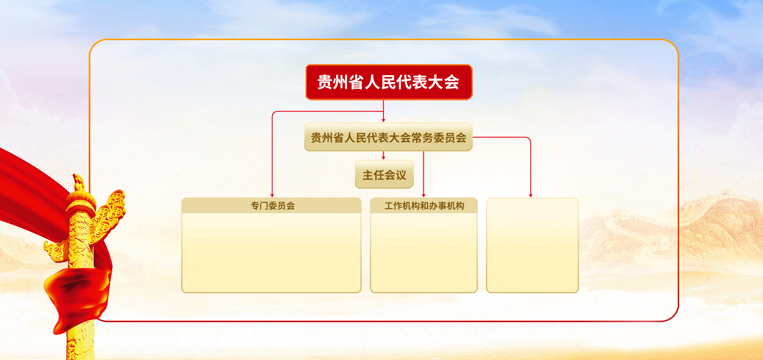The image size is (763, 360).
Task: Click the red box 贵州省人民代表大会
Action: [x=389, y=82]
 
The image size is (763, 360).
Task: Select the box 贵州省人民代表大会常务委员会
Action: [x=389, y=137]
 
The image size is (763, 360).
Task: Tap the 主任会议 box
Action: [x=384, y=175]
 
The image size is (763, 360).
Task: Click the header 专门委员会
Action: [x=272, y=206]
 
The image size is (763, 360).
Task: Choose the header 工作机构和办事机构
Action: [x=424, y=206]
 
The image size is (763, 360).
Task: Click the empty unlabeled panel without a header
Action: [x=532, y=245]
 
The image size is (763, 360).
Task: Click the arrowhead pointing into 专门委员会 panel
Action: [x=272, y=195]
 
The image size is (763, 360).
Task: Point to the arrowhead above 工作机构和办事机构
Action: [x=423, y=195]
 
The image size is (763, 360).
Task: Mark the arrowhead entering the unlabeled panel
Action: [x=531, y=195]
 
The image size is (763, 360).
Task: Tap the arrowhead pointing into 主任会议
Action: [x=384, y=158]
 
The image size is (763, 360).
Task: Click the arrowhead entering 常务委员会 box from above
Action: [x=384, y=120]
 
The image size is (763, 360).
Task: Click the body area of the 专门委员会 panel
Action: [x=272, y=253]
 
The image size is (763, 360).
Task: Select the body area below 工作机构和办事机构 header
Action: [x=424, y=253]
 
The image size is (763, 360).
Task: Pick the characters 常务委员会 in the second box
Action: [x=439, y=138]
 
